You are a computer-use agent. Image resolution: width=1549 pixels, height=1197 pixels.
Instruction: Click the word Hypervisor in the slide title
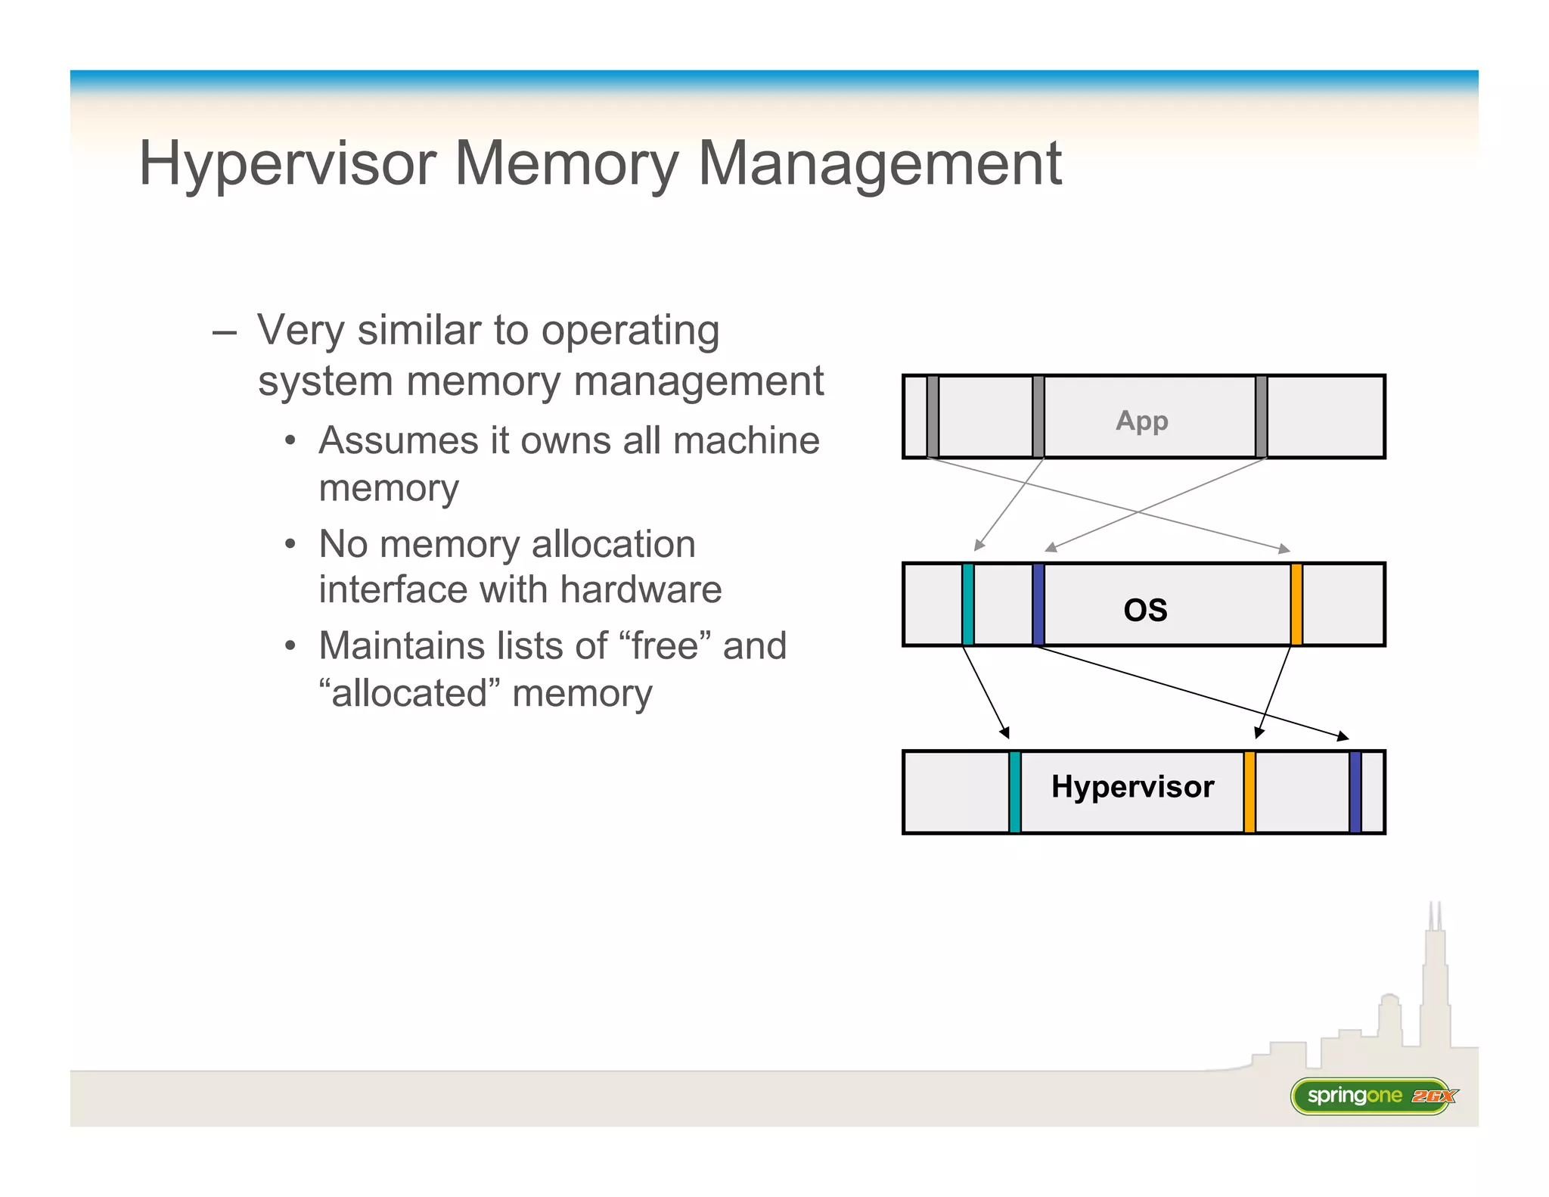(x=287, y=165)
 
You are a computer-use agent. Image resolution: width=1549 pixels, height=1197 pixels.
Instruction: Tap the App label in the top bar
(x=1141, y=420)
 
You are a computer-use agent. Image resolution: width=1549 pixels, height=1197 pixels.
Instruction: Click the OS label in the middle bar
(x=1145, y=610)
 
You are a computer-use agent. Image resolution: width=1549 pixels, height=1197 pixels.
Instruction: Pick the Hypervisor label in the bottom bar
(x=1132, y=787)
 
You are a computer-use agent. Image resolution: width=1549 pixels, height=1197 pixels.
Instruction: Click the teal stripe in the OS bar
(x=967, y=604)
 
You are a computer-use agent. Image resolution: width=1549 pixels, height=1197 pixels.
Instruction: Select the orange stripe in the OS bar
(x=1296, y=604)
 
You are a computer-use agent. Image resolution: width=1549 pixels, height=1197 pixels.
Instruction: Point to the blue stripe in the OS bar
(x=1038, y=604)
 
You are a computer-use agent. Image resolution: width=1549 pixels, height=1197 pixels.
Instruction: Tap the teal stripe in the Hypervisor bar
(x=1015, y=792)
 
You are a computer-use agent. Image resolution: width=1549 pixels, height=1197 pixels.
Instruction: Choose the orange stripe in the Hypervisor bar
(x=1249, y=792)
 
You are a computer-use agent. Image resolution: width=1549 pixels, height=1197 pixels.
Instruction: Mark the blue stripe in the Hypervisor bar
(x=1355, y=792)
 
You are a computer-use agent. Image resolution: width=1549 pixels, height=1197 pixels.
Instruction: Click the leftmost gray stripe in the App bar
(x=933, y=416)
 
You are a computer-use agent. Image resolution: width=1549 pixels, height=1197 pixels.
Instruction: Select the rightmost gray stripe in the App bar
(x=1261, y=416)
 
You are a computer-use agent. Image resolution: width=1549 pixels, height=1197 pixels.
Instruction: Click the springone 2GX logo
(x=1373, y=1096)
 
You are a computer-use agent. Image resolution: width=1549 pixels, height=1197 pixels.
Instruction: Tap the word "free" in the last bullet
(x=665, y=646)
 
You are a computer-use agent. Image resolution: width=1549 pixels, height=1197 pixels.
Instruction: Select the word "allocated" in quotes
(x=409, y=693)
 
